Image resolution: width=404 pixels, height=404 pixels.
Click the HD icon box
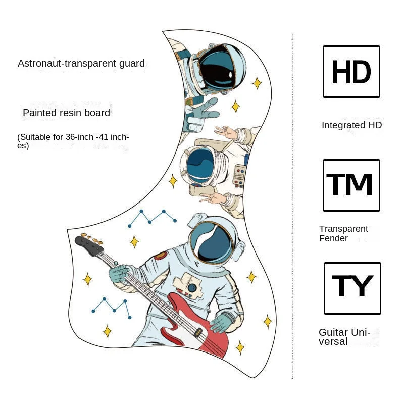click(351, 72)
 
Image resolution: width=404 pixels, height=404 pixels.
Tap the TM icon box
click(351, 185)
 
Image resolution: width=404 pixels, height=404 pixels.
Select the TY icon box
click(352, 288)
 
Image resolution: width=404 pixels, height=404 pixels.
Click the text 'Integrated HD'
click(351, 125)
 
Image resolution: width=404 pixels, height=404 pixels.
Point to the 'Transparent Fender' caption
click(343, 233)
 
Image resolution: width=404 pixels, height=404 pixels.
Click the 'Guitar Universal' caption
click(344, 337)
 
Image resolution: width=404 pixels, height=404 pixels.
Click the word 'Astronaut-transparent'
click(63, 64)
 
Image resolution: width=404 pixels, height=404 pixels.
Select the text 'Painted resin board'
click(66, 113)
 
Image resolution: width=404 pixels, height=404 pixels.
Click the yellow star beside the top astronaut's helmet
click(257, 83)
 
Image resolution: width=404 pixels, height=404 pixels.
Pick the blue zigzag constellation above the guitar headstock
click(152, 217)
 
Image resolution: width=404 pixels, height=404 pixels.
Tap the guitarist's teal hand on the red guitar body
click(222, 323)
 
